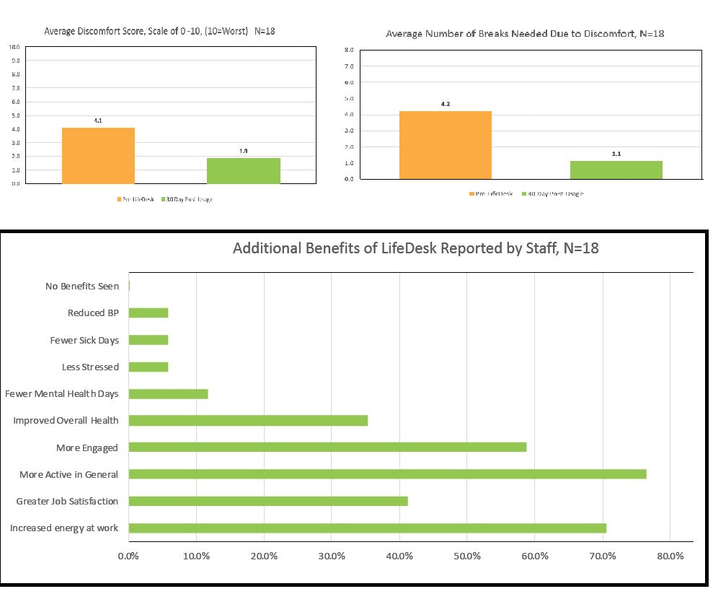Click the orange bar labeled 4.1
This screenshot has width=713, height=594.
(98, 155)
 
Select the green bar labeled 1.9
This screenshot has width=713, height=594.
(243, 170)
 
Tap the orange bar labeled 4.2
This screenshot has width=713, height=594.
(445, 145)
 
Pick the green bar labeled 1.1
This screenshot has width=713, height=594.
(616, 170)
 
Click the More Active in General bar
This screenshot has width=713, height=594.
(387, 474)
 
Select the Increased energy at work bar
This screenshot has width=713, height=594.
(367, 528)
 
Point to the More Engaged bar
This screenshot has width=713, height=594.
(327, 447)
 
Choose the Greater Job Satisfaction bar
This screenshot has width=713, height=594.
(268, 501)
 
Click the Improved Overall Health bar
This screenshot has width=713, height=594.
(248, 421)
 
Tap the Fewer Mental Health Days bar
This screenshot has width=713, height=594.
(168, 393)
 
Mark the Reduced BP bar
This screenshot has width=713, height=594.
(149, 313)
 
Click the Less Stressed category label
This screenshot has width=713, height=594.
(90, 367)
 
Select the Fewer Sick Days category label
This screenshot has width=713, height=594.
(84, 340)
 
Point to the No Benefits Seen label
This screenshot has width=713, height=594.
(81, 287)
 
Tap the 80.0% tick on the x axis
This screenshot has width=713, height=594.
(670, 556)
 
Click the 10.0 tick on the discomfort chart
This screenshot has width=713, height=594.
(14, 47)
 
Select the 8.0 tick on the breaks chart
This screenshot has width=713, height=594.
(348, 50)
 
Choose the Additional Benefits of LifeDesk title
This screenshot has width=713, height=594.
(415, 249)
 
